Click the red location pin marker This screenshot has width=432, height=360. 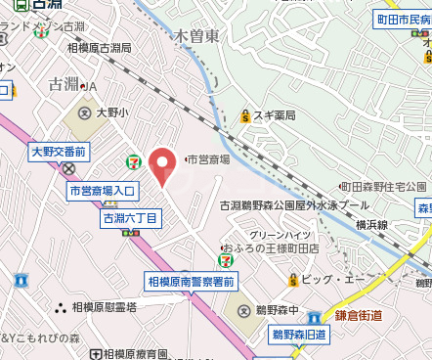point(162,166)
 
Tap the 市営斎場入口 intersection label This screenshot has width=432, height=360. point(104,191)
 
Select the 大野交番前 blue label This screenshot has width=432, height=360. point(59,152)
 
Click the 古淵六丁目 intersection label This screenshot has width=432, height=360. point(130,218)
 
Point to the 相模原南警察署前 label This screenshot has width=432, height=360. point(191,282)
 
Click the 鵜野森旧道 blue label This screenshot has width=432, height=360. point(300,335)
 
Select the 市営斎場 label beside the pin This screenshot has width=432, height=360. point(209,159)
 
